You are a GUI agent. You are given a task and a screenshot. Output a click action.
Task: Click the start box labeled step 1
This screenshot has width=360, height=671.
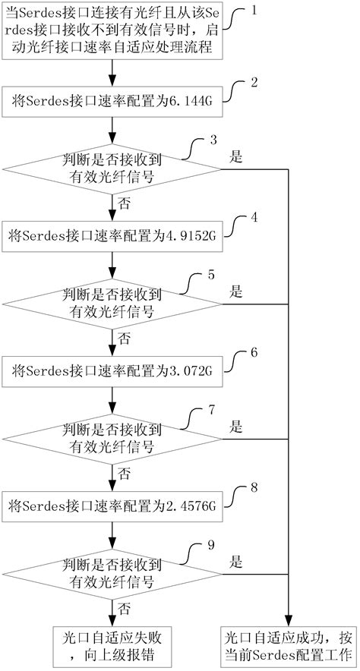click(x=112, y=31)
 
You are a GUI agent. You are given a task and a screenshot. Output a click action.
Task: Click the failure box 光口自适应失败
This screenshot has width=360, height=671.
click(x=112, y=644)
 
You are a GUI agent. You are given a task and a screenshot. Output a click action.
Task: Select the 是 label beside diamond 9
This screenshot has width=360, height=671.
click(x=235, y=562)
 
